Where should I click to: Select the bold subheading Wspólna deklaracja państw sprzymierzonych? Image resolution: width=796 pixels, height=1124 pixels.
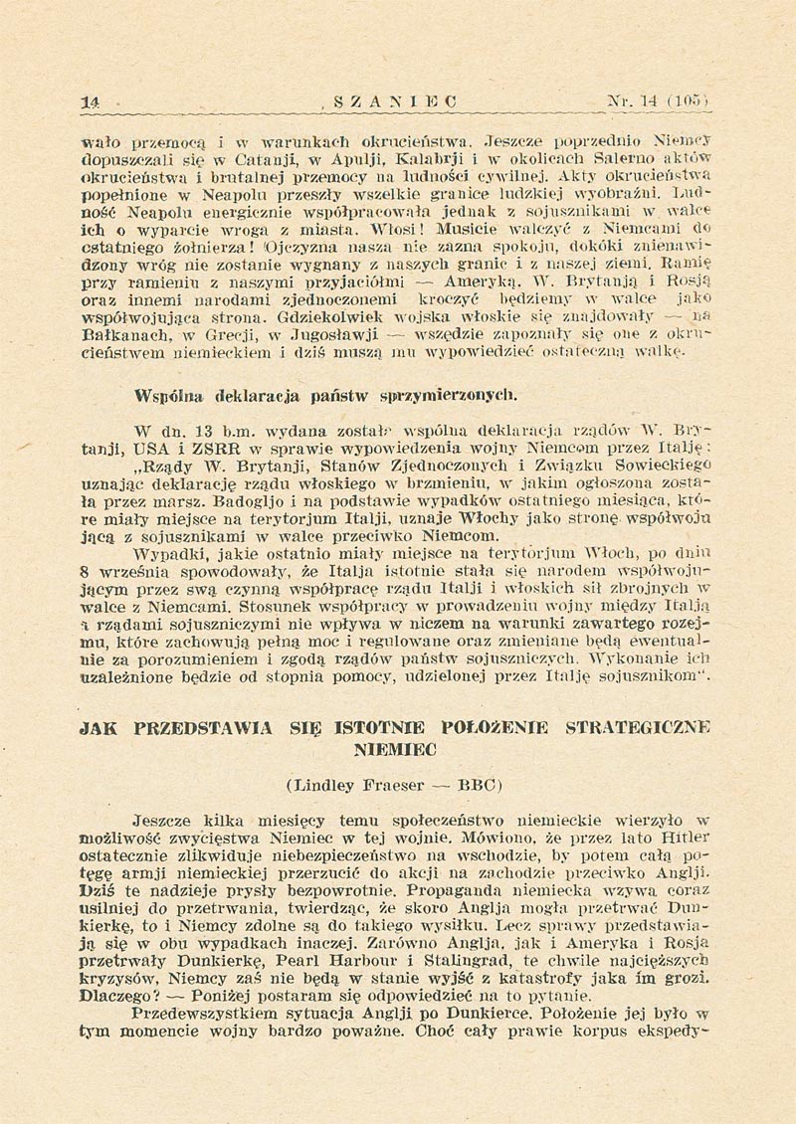311,392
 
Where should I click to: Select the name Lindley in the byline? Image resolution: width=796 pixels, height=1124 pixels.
325,784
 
